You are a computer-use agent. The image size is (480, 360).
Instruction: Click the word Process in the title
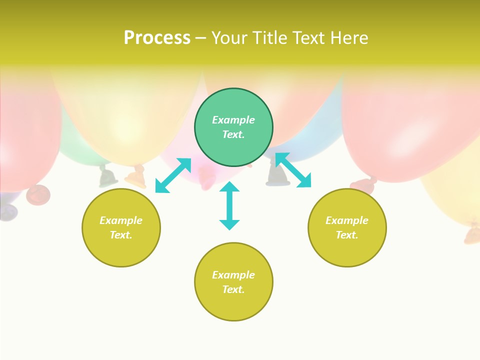coord(157,38)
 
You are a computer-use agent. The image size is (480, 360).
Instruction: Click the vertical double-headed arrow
coord(229,205)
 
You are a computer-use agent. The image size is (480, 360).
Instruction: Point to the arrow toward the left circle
coord(173,175)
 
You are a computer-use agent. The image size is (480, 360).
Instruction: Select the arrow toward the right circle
coord(293,170)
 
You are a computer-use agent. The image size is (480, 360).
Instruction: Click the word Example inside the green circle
coord(233,120)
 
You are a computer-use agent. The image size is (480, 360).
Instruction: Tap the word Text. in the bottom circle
coord(233,289)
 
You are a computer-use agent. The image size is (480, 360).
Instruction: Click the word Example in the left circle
coord(121,220)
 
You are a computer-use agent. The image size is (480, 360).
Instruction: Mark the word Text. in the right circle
coord(347,235)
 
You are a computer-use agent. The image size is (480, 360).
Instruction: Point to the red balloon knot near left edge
coord(38,194)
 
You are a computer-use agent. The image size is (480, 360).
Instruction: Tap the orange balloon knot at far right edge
coord(471,235)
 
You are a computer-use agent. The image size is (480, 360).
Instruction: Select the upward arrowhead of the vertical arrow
coord(229,186)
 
